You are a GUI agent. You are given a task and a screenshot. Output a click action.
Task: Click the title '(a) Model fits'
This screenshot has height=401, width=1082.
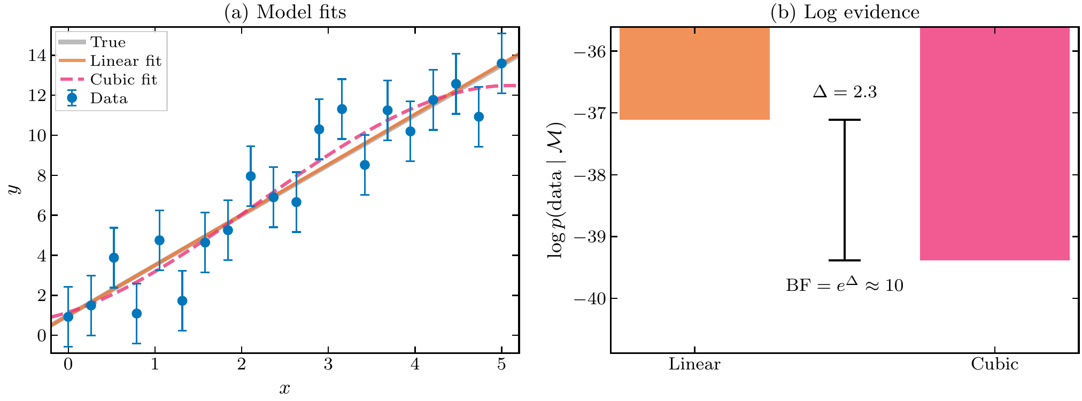point(285,12)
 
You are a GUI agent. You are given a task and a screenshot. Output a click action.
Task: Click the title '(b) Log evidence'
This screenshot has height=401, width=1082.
point(845,12)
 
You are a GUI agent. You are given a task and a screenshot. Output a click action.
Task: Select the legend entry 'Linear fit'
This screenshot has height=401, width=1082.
point(125,61)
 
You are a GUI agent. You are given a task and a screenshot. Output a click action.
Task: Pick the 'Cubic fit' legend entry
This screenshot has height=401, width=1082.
point(123,80)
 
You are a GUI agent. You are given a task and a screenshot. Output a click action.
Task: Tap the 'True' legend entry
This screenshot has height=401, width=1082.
point(107,42)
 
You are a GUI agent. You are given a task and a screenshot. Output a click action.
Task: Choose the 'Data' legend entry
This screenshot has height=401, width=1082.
point(109,98)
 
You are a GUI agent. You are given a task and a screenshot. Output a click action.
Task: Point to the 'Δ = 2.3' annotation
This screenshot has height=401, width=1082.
point(845,92)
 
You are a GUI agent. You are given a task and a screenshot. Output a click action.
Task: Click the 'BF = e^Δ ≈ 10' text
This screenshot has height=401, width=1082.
point(845,284)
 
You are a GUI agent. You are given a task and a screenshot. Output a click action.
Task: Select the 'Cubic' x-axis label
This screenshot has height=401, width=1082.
point(994,365)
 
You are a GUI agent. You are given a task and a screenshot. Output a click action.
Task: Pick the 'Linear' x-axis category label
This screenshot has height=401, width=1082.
point(694,365)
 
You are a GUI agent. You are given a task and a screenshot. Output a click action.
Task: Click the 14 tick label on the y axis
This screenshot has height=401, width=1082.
point(36,56)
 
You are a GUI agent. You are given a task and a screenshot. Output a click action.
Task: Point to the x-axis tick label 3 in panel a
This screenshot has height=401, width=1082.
point(328,365)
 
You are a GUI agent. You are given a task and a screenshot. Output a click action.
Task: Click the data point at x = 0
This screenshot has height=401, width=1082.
point(68,317)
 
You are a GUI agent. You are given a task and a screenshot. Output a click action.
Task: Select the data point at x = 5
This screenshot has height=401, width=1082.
point(501,63)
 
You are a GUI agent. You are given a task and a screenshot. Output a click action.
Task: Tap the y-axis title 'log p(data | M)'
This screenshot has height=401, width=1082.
point(556,190)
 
